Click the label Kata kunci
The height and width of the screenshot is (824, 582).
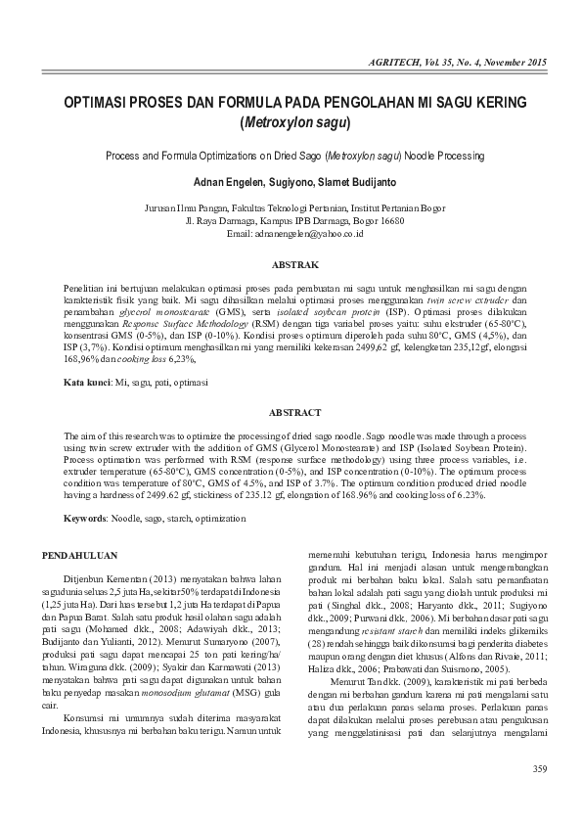click(85, 379)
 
